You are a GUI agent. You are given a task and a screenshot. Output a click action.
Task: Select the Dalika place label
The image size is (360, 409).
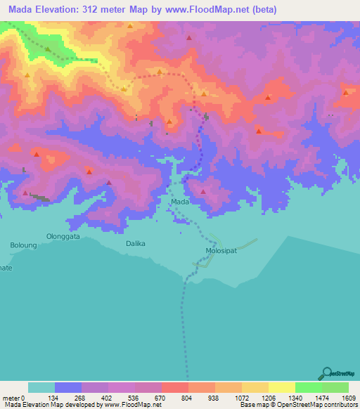135,243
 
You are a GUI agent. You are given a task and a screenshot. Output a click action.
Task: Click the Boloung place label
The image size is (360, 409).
22,245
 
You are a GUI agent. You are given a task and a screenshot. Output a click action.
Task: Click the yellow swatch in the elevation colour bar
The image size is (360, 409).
282,387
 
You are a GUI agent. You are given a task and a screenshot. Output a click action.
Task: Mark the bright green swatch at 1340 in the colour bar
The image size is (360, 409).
309,387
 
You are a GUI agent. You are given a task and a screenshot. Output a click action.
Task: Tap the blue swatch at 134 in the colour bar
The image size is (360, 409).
68,387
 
